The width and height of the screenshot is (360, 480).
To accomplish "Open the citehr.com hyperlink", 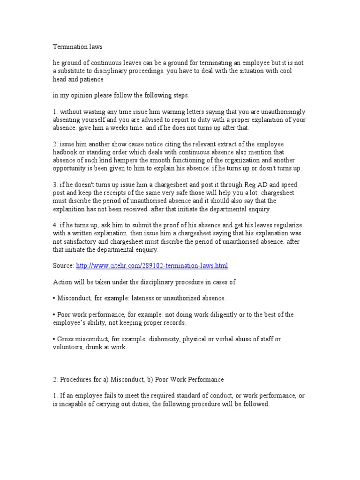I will click(152, 266).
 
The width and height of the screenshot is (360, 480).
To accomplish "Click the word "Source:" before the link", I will click(63, 266).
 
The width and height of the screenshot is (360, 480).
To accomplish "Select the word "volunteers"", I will click(67, 347).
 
